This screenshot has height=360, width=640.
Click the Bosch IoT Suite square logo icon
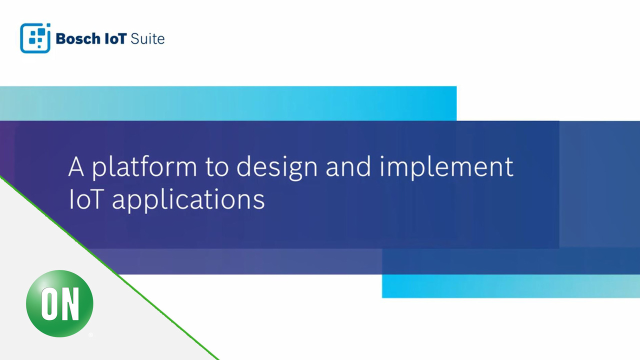click(35, 38)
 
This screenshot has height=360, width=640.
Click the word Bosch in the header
click(78, 39)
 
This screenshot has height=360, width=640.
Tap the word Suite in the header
click(147, 39)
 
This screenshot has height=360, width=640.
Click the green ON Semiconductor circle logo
click(59, 303)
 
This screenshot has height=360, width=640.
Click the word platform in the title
click(144, 167)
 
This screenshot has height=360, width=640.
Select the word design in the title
click(277, 167)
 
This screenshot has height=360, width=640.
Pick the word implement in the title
click(446, 167)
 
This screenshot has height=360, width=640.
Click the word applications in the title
click(188, 199)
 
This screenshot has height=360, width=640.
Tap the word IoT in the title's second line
click(85, 199)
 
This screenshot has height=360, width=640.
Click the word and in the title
click(348, 166)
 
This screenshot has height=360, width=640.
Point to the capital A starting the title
click(76, 167)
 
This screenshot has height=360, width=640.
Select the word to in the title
click(217, 167)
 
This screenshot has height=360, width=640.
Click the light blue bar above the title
click(228, 103)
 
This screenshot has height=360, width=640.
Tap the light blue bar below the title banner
click(511, 286)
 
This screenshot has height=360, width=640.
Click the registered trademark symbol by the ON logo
click(90, 335)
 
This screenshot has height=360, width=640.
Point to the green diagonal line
click(109, 268)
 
